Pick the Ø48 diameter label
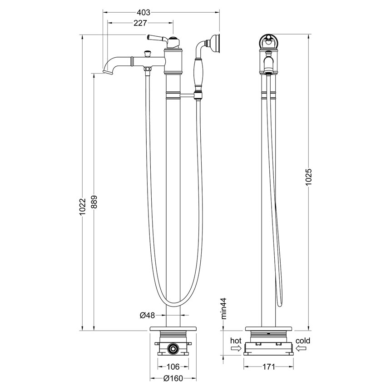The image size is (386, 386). pyautogui.click(x=148, y=315)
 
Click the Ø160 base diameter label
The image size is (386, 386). pyautogui.click(x=173, y=378)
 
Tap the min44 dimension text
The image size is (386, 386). pyautogui.click(x=223, y=309)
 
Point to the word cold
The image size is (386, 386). pyautogui.click(x=303, y=341)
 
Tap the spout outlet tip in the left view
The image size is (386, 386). pyautogui.click(x=107, y=72)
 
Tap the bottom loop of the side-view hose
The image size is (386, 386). pyautogui.click(x=279, y=304)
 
